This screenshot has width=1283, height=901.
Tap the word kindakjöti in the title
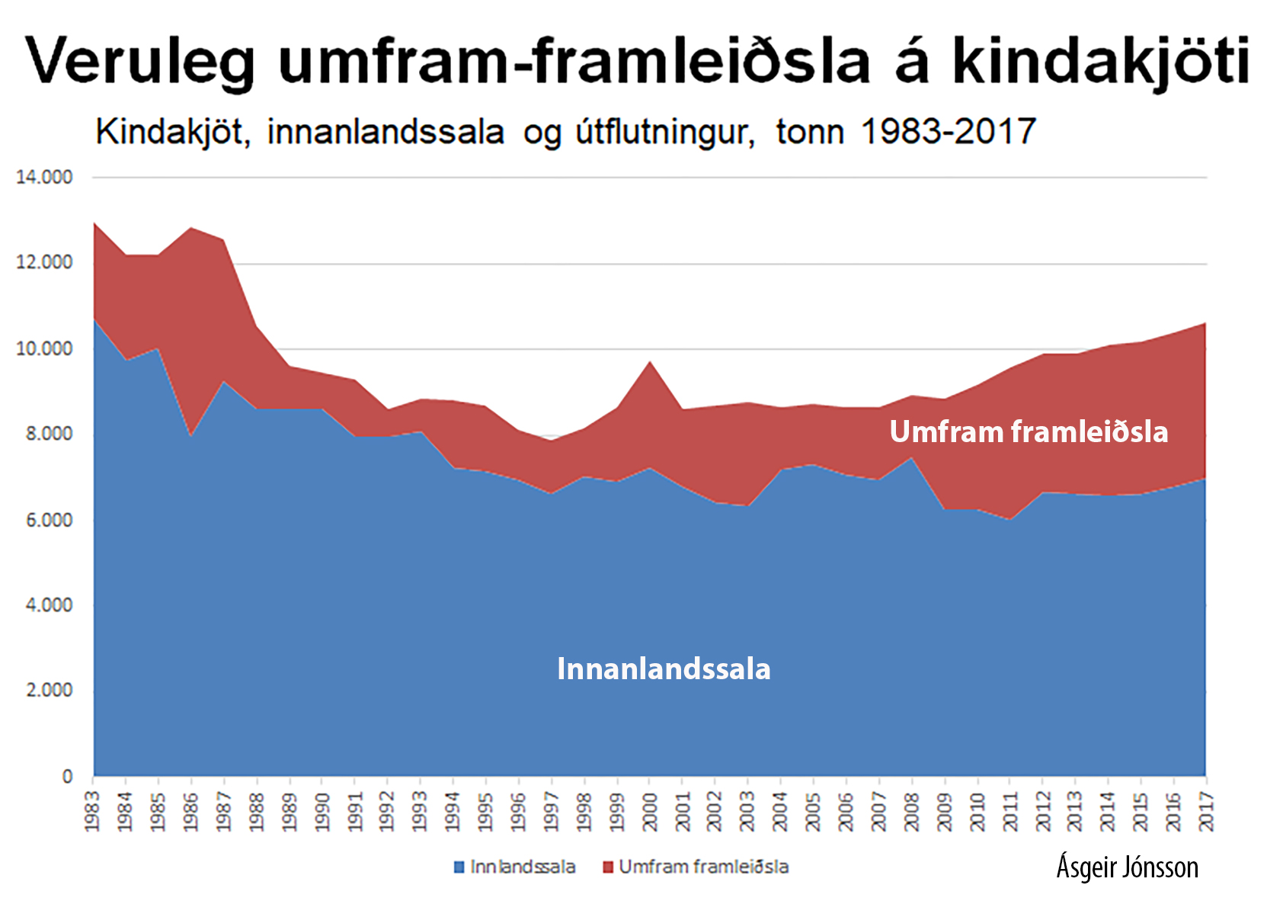[x=1101, y=61]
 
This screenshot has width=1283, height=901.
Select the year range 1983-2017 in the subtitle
[x=948, y=132]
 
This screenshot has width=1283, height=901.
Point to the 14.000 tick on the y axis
[x=44, y=178]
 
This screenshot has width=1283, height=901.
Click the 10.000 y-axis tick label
[x=44, y=349]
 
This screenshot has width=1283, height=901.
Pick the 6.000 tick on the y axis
[x=44, y=520]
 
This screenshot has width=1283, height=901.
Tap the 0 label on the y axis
[x=67, y=776]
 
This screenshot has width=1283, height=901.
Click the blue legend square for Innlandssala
[x=459, y=867]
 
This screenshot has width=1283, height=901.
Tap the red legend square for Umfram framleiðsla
[x=607, y=867]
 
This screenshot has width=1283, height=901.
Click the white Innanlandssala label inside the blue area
[x=664, y=669]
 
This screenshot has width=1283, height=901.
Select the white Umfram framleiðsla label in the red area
[x=1029, y=432]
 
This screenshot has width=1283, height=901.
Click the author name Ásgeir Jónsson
[x=1127, y=867]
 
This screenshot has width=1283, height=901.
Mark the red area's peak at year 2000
[x=649, y=363]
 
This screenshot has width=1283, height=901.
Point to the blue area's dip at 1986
[x=190, y=435]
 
